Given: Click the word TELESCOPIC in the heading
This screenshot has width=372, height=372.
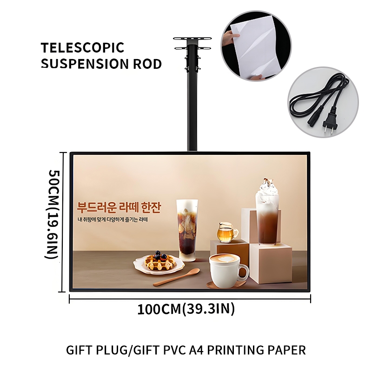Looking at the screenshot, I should [x=82, y=47].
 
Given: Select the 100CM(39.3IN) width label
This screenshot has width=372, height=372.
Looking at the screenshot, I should [x=186, y=309].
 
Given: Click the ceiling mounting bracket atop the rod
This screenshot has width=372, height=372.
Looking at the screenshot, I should [x=192, y=42].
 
